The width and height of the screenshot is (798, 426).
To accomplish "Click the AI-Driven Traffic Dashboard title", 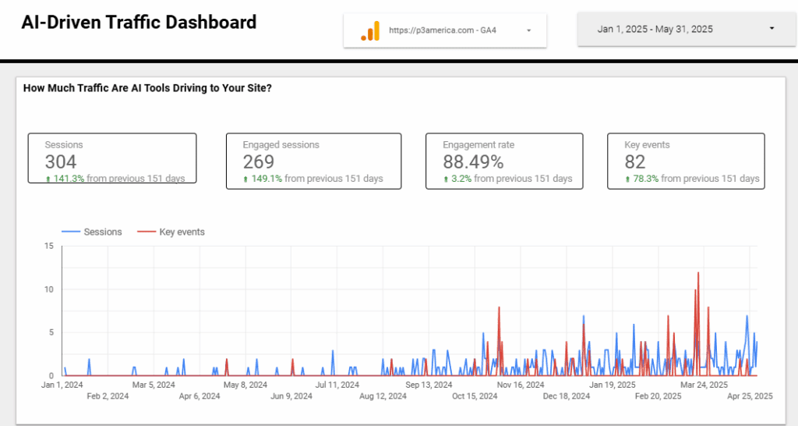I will [139, 23].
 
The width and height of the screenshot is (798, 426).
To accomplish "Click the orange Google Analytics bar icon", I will [369, 30].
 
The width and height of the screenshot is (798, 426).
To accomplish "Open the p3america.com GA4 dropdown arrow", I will [528, 30].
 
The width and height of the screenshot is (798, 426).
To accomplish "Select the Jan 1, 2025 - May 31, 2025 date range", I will [655, 29].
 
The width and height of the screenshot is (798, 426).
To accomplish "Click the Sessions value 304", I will [61, 162].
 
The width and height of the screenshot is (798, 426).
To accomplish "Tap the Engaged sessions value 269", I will [259, 162].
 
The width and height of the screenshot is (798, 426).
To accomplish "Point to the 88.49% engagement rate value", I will [473, 162].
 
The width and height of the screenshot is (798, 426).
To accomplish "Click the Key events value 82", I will [635, 162].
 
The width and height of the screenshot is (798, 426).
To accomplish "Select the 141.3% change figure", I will [69, 179].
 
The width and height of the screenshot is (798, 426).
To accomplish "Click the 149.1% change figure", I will [267, 179].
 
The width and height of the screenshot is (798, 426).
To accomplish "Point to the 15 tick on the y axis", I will [48, 247].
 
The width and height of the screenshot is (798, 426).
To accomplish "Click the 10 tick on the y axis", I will [48, 289].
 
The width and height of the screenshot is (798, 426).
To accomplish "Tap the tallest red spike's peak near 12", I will [698, 273].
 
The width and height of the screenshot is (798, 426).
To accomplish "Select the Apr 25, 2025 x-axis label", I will [750, 396].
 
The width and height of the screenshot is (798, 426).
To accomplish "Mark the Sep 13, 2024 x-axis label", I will [429, 385].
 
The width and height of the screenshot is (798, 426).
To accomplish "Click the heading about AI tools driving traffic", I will [147, 88].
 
